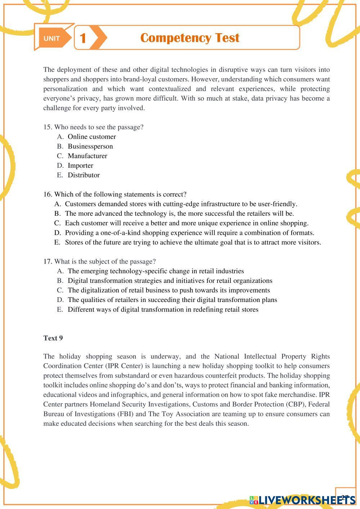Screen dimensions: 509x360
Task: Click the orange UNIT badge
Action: [x=52, y=39]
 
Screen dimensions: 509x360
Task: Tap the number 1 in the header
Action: [x=83, y=38]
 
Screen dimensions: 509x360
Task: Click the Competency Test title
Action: [x=190, y=38]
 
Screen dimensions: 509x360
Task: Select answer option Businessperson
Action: [x=90, y=146]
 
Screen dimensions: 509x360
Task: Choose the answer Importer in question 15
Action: [x=80, y=166]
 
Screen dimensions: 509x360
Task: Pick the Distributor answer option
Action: [x=84, y=175]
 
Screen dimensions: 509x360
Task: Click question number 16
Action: [x=48, y=194]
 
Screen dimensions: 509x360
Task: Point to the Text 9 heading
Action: [x=53, y=338]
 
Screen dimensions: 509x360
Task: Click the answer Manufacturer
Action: [x=87, y=156]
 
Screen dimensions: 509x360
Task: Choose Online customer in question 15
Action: [x=91, y=137]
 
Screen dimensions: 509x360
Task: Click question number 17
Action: [x=48, y=261]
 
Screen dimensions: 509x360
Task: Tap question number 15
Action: [x=48, y=127]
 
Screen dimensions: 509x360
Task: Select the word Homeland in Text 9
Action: [x=103, y=404]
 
